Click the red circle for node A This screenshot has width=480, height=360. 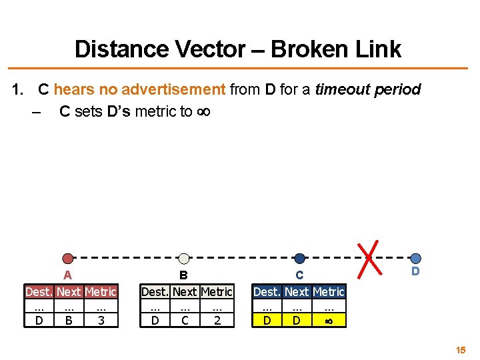coord(67,259)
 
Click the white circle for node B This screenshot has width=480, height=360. coord(185,259)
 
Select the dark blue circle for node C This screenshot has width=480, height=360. coord(299,259)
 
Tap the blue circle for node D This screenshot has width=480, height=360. coord(415,258)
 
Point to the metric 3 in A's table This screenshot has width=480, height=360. coord(101,321)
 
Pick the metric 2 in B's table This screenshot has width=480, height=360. coord(217,321)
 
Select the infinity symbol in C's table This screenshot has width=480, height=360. coord(329,321)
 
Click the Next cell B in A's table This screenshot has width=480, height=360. coord(69,321)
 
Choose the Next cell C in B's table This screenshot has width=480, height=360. coord(185,321)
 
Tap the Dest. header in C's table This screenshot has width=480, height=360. coord(267,292)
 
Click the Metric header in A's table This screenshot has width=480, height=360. coord(101,292)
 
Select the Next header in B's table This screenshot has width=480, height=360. coord(185,292)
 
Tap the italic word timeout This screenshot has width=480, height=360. coord(340,89)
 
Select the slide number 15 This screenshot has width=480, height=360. coord(461,349)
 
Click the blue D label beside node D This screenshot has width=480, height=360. coord(415,271)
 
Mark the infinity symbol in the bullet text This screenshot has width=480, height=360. coord(203,111)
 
